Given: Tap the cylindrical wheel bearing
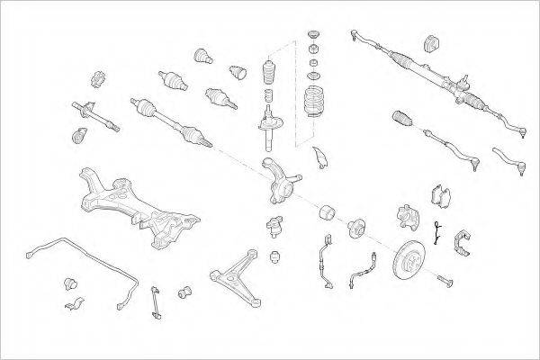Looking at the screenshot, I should (327, 214).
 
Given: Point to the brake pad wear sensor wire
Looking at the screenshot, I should (435, 233).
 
